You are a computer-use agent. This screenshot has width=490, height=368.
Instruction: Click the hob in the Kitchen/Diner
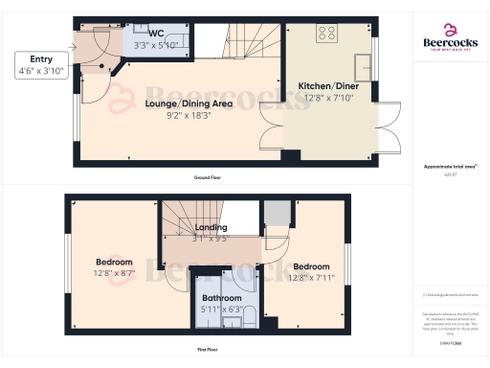(327, 34)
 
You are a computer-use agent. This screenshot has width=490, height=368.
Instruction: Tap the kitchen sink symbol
(364, 66)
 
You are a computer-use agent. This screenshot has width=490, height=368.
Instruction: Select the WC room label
(156, 32)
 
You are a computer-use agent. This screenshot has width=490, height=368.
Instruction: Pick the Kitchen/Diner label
(327, 85)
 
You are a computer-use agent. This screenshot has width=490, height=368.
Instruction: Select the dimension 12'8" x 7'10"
(327, 98)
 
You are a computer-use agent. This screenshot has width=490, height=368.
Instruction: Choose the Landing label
(211, 227)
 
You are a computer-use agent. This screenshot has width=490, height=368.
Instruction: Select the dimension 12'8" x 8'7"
(115, 273)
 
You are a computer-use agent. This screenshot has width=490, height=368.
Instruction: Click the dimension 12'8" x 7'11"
(312, 279)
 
